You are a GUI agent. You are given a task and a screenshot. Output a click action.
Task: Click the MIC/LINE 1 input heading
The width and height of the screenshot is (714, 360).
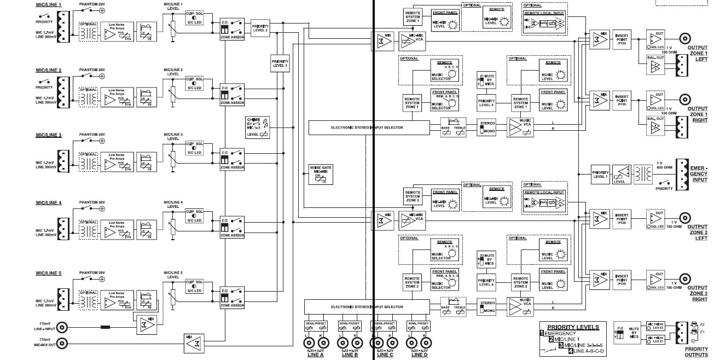(x=49, y=4)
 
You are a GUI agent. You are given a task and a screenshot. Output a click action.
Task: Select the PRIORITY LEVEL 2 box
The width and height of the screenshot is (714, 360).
(x=260, y=28)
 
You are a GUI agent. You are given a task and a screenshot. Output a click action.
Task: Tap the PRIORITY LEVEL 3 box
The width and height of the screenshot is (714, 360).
(x=279, y=63)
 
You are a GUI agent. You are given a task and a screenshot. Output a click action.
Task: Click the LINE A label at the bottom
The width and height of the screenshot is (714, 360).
(x=316, y=355)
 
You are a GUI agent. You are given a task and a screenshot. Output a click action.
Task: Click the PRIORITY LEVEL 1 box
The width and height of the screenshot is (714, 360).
(x=600, y=175)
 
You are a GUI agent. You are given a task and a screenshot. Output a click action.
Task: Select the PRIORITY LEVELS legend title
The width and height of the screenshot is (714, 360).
(x=573, y=327)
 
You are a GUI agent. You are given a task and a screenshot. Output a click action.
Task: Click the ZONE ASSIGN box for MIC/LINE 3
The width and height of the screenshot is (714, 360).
(x=232, y=159)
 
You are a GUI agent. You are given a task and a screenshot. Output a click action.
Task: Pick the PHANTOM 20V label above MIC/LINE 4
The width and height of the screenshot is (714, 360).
(x=91, y=202)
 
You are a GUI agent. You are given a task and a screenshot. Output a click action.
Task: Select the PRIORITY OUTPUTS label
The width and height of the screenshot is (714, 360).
(x=696, y=351)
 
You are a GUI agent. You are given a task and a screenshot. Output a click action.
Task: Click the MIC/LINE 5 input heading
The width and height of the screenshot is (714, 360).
(x=49, y=272)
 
